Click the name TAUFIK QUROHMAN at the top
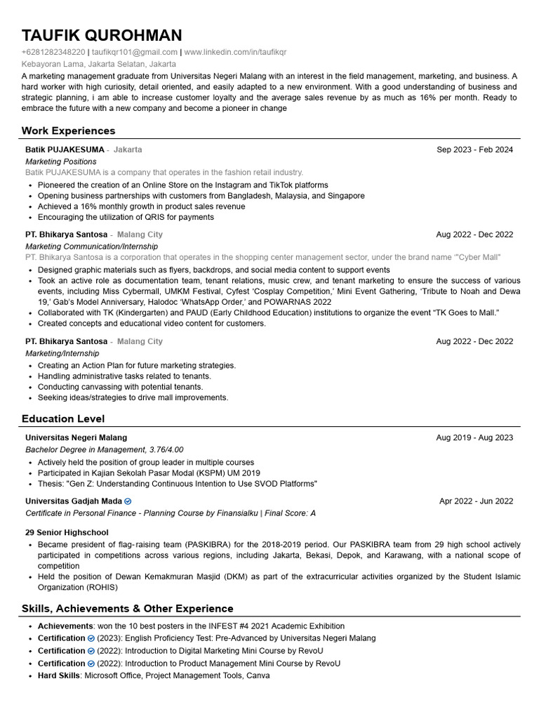click(x=102, y=36)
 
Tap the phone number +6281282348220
click(x=53, y=52)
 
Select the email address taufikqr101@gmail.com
click(x=135, y=52)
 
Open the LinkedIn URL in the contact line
click(x=235, y=52)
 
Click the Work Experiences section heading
click(x=68, y=131)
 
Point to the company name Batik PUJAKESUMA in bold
click(x=65, y=150)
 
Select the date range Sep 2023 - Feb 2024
click(x=474, y=150)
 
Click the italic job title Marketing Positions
click(x=61, y=161)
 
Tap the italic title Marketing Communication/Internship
click(x=92, y=246)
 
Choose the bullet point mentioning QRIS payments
click(x=126, y=217)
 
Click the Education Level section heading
click(x=63, y=418)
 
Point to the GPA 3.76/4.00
click(x=166, y=449)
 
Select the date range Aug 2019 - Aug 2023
click(x=474, y=437)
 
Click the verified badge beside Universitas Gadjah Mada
click(x=128, y=501)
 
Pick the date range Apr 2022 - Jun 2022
click(x=476, y=501)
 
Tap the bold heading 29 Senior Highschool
click(x=67, y=532)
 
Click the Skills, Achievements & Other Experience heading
click(x=127, y=608)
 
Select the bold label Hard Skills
click(x=59, y=675)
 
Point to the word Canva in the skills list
click(x=258, y=675)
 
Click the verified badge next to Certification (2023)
click(x=91, y=638)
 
